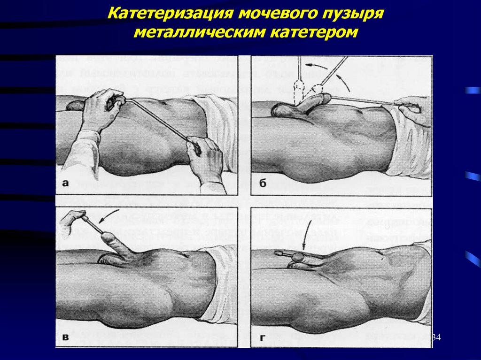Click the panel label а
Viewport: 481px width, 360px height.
tap(66, 184)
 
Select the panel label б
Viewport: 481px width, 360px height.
tap(262, 184)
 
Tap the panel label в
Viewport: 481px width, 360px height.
tap(66, 337)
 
